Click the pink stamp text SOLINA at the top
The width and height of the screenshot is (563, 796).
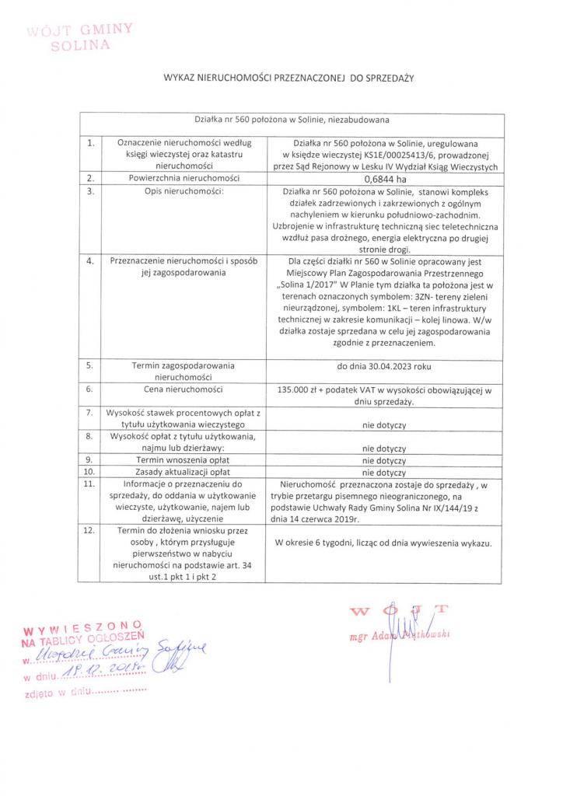tap(80, 45)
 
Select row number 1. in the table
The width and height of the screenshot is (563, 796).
tap(91, 143)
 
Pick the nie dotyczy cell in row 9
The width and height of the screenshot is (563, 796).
tap(385, 460)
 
